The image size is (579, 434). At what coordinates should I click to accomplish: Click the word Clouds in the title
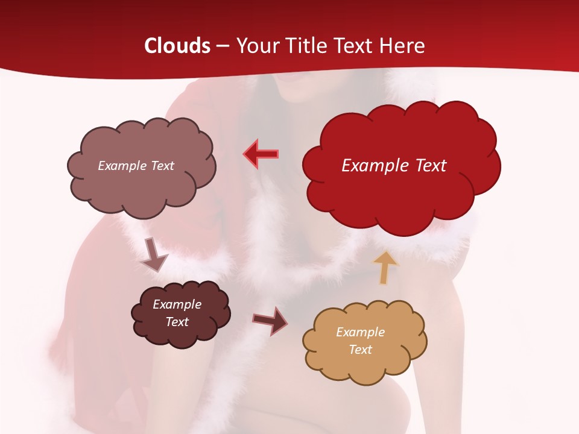177,46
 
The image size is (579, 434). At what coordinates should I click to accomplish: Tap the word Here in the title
402,46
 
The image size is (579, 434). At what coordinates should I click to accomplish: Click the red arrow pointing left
261,154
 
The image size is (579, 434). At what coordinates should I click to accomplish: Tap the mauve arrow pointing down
153,255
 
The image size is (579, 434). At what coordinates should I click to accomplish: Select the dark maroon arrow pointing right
270,320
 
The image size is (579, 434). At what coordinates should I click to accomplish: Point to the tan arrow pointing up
385,268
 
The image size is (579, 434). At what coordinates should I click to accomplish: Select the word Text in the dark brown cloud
177,322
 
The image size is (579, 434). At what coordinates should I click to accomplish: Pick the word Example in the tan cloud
360,332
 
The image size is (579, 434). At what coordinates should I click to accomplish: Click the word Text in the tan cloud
361,350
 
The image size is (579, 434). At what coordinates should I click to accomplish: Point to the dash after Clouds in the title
222,46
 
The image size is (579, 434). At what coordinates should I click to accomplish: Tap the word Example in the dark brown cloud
177,304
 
